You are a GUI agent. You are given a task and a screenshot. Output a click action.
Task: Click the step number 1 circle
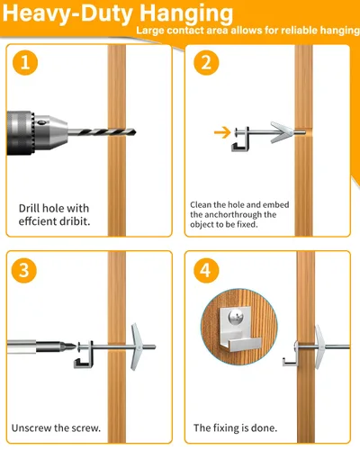pyautogui.click(x=28, y=65)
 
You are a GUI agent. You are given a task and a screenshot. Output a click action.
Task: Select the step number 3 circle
pyautogui.click(x=28, y=272)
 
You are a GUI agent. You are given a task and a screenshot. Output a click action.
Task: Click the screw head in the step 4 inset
pyautogui.click(x=235, y=316)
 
